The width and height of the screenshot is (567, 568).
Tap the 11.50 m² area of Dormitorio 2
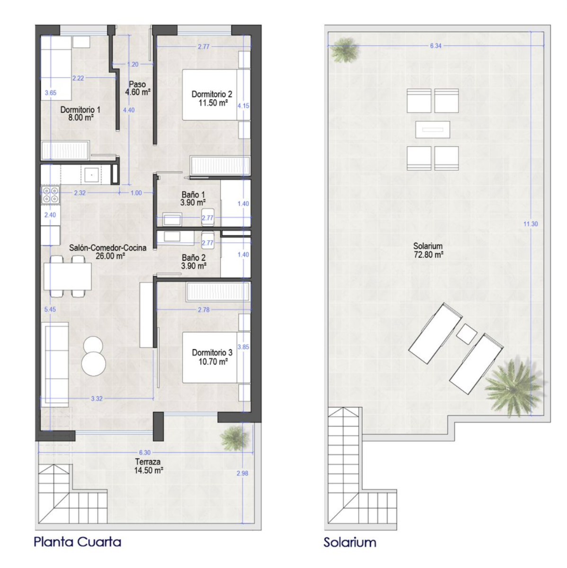coord(213,103)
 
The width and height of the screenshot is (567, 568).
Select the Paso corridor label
coord(137,84)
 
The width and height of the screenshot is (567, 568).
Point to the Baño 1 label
coord(193,195)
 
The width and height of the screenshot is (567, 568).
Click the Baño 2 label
coord(194,257)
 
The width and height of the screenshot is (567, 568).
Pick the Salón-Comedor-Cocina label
coord(108,248)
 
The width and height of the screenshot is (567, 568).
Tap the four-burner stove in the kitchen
coord(50,195)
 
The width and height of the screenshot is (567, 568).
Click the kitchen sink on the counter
coord(91,175)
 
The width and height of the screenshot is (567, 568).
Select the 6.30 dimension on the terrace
coord(145,452)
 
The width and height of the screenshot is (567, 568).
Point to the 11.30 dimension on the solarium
coord(531,224)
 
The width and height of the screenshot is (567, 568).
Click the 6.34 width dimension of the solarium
coord(436,46)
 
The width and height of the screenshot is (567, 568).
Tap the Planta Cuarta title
coord(77,542)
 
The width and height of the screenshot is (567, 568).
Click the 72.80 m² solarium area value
coord(429,254)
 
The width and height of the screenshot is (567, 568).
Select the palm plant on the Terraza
coord(234,438)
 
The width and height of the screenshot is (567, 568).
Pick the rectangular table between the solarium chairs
coord(432,129)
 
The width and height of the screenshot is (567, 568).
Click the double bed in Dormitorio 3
coord(216,357)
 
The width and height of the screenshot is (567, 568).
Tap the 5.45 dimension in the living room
coord(50,309)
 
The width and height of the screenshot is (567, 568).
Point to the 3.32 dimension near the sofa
coord(97,399)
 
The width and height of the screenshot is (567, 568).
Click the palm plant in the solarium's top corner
coord(344,50)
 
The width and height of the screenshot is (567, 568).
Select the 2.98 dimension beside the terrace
coord(242,473)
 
